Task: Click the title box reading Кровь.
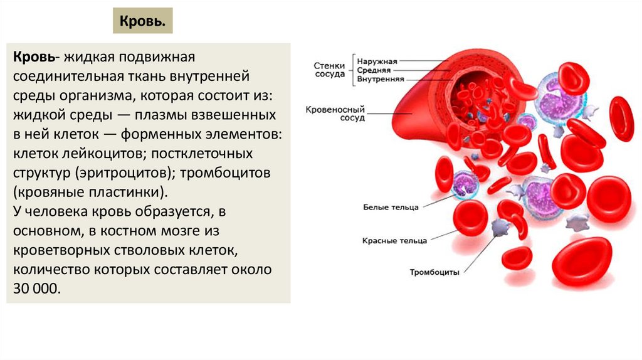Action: [x=142, y=21]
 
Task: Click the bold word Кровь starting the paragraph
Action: [x=32, y=58]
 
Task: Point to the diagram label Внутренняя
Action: [x=380, y=80]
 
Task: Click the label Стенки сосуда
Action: [x=329, y=69]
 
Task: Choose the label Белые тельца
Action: [x=391, y=207]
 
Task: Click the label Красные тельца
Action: [x=394, y=240]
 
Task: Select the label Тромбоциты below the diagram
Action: [x=434, y=272]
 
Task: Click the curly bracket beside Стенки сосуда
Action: [x=352, y=70]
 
